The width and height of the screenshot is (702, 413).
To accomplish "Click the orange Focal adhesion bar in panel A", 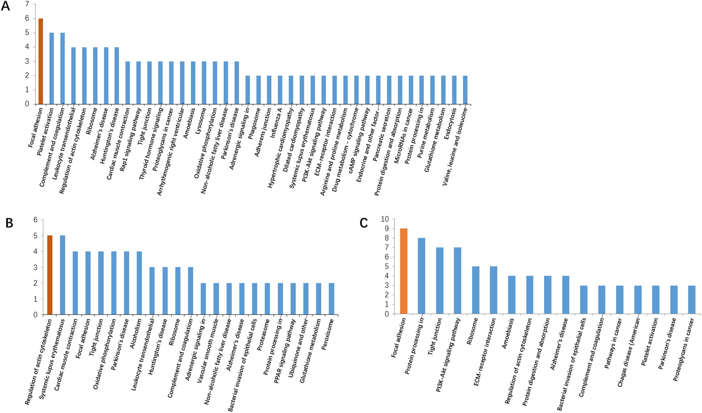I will coord(41,61).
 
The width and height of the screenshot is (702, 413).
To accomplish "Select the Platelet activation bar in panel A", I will coord(51,68).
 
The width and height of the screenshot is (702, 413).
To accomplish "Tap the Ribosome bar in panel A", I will coord(95,75).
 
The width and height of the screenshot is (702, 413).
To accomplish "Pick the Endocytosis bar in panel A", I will coord(454,90).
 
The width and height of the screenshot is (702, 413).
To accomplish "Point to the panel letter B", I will coord(9,223).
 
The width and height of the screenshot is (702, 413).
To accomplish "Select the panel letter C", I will coord(363,223).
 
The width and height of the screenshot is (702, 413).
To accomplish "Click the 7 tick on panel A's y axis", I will coord(27,4).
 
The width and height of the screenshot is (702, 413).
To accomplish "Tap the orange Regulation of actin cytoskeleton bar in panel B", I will coord(49,275).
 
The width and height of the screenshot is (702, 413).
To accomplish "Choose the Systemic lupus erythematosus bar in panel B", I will coord(63,275).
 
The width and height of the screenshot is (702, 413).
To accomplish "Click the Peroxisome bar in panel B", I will coord(331,299).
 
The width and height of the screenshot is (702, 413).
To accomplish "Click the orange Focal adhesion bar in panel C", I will coord(403,271).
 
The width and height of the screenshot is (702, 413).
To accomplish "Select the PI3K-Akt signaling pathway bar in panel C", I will coord(457,281).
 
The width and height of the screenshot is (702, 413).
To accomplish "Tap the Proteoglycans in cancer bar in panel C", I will coord(691,300).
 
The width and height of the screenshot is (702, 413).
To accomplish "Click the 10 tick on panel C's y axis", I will coord(385,219).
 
